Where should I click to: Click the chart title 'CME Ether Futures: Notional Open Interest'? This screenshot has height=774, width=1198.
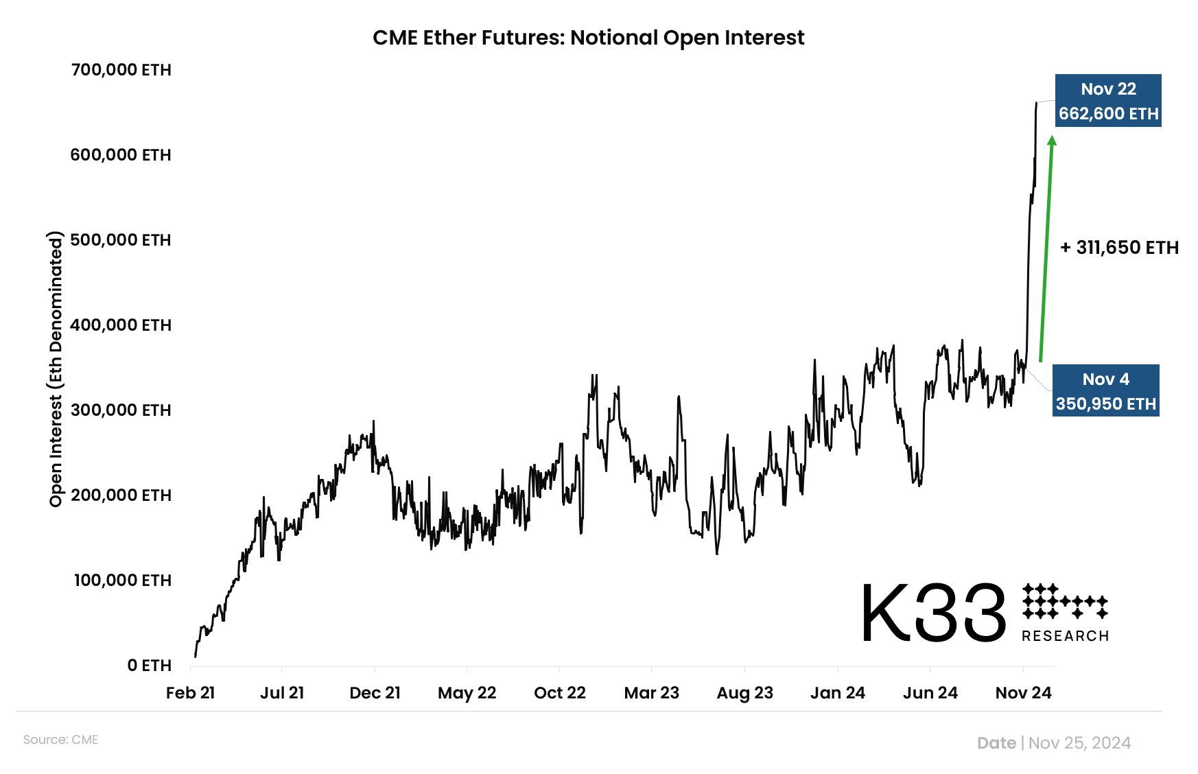588,38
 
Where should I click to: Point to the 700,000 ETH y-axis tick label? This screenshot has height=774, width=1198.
121,70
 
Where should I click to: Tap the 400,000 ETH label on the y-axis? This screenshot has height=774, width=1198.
121,325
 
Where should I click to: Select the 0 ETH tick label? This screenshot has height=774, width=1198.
149,666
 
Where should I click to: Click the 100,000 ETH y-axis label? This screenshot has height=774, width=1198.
122,580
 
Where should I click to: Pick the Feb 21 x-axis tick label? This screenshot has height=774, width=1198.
190,693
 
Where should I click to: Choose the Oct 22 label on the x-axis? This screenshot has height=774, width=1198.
559,693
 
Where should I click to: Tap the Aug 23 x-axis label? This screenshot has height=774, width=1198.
744,693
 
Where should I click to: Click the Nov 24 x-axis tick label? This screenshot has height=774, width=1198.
1023,693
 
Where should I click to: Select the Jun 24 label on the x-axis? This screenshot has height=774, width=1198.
930,693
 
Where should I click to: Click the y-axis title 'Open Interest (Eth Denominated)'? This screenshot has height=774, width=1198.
56,369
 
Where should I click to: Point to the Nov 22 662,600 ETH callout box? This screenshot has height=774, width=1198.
1108,101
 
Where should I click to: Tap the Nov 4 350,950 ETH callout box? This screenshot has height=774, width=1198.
1106,391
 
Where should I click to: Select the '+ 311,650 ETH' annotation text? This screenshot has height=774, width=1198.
1119,248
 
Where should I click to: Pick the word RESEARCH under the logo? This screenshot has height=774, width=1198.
1065,637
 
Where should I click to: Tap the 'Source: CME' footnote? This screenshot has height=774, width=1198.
60,740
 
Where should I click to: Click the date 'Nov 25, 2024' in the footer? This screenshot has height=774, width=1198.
1079,743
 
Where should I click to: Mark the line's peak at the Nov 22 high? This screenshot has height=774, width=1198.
1036,103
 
